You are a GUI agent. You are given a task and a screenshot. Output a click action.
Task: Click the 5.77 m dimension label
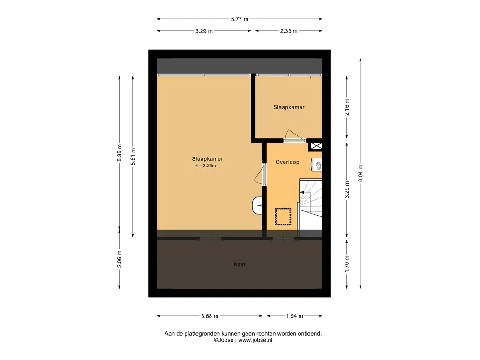(x=240, y=19)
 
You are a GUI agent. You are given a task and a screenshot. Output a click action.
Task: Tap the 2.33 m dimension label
(x=289, y=31)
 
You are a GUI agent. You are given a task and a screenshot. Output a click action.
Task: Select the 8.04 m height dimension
(x=360, y=173)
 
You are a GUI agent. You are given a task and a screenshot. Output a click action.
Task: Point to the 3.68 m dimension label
(x=210, y=316)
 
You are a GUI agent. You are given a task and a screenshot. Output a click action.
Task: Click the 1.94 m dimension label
(x=294, y=316)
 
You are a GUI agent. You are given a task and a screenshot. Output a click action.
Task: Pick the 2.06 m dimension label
(x=120, y=259)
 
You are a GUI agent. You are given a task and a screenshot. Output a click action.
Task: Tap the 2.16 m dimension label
(x=347, y=107)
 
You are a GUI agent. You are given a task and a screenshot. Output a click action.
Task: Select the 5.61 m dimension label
(x=133, y=157)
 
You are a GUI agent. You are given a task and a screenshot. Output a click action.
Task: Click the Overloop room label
(x=287, y=162)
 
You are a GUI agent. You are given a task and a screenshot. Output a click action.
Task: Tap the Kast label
(x=240, y=264)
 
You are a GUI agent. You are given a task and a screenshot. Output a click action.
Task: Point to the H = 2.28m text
(x=205, y=165)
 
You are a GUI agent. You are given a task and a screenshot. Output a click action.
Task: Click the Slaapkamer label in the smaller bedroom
(x=289, y=107)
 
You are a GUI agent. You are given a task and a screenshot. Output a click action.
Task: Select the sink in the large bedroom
(x=257, y=205)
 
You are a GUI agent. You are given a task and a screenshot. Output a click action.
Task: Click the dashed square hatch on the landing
(x=283, y=217)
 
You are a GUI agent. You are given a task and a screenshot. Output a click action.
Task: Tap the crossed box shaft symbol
(x=316, y=146)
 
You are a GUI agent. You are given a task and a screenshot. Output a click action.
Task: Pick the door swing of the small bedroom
(x=294, y=135)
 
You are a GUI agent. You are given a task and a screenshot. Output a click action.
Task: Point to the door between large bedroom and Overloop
(x=260, y=174)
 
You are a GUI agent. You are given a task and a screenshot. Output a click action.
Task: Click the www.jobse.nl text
(x=255, y=340)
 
